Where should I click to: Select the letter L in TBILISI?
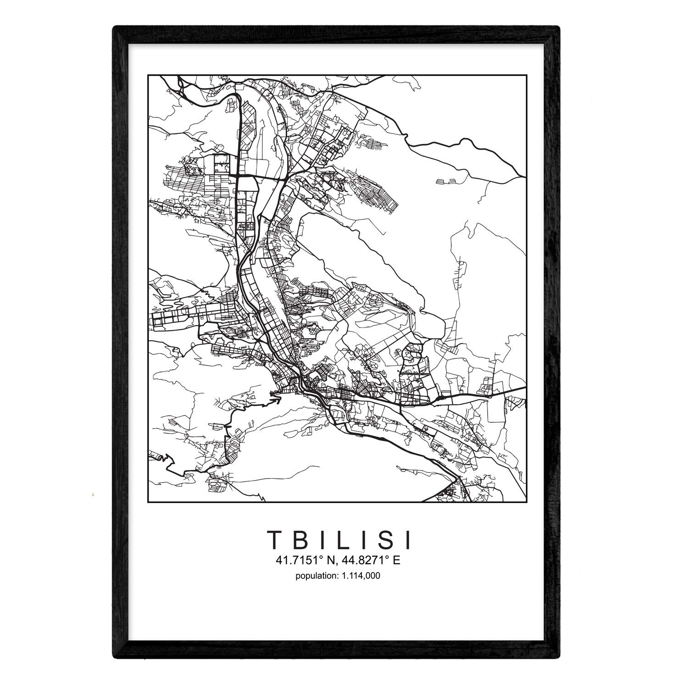coord(340,540)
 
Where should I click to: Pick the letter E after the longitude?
coord(397,560)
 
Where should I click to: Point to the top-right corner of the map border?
coord(526,74)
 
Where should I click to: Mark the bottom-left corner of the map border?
coord(148,502)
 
